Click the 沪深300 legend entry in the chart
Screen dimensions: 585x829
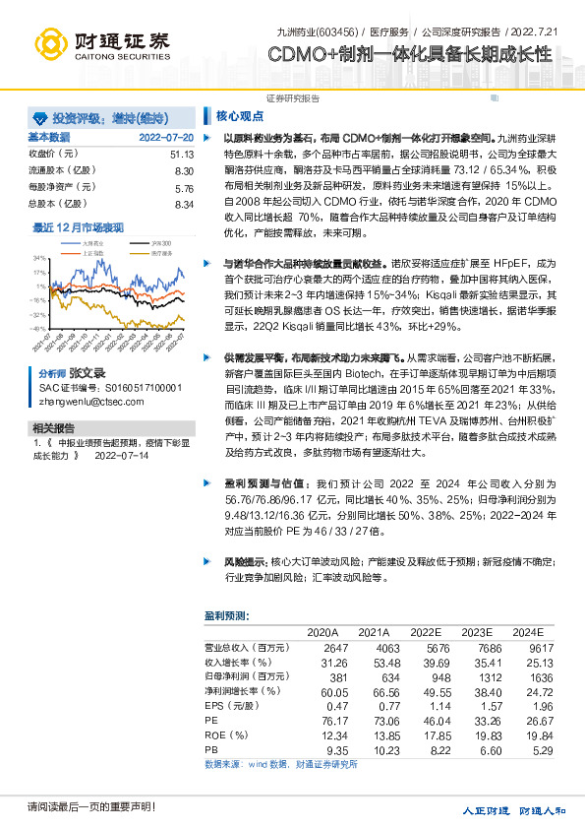pos(133,241)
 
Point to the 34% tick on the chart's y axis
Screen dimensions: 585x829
pos(40,259)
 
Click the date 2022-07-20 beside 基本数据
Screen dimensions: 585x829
pos(166,138)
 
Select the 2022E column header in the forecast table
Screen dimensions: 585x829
pos(427,632)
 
